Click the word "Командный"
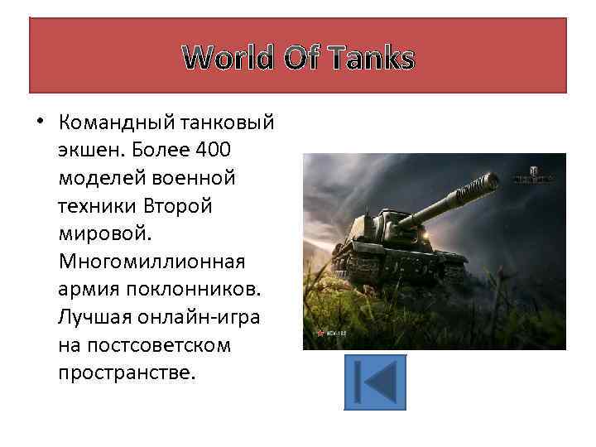click(113, 123)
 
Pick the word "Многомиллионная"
click(151, 261)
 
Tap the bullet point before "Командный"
click(40, 123)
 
